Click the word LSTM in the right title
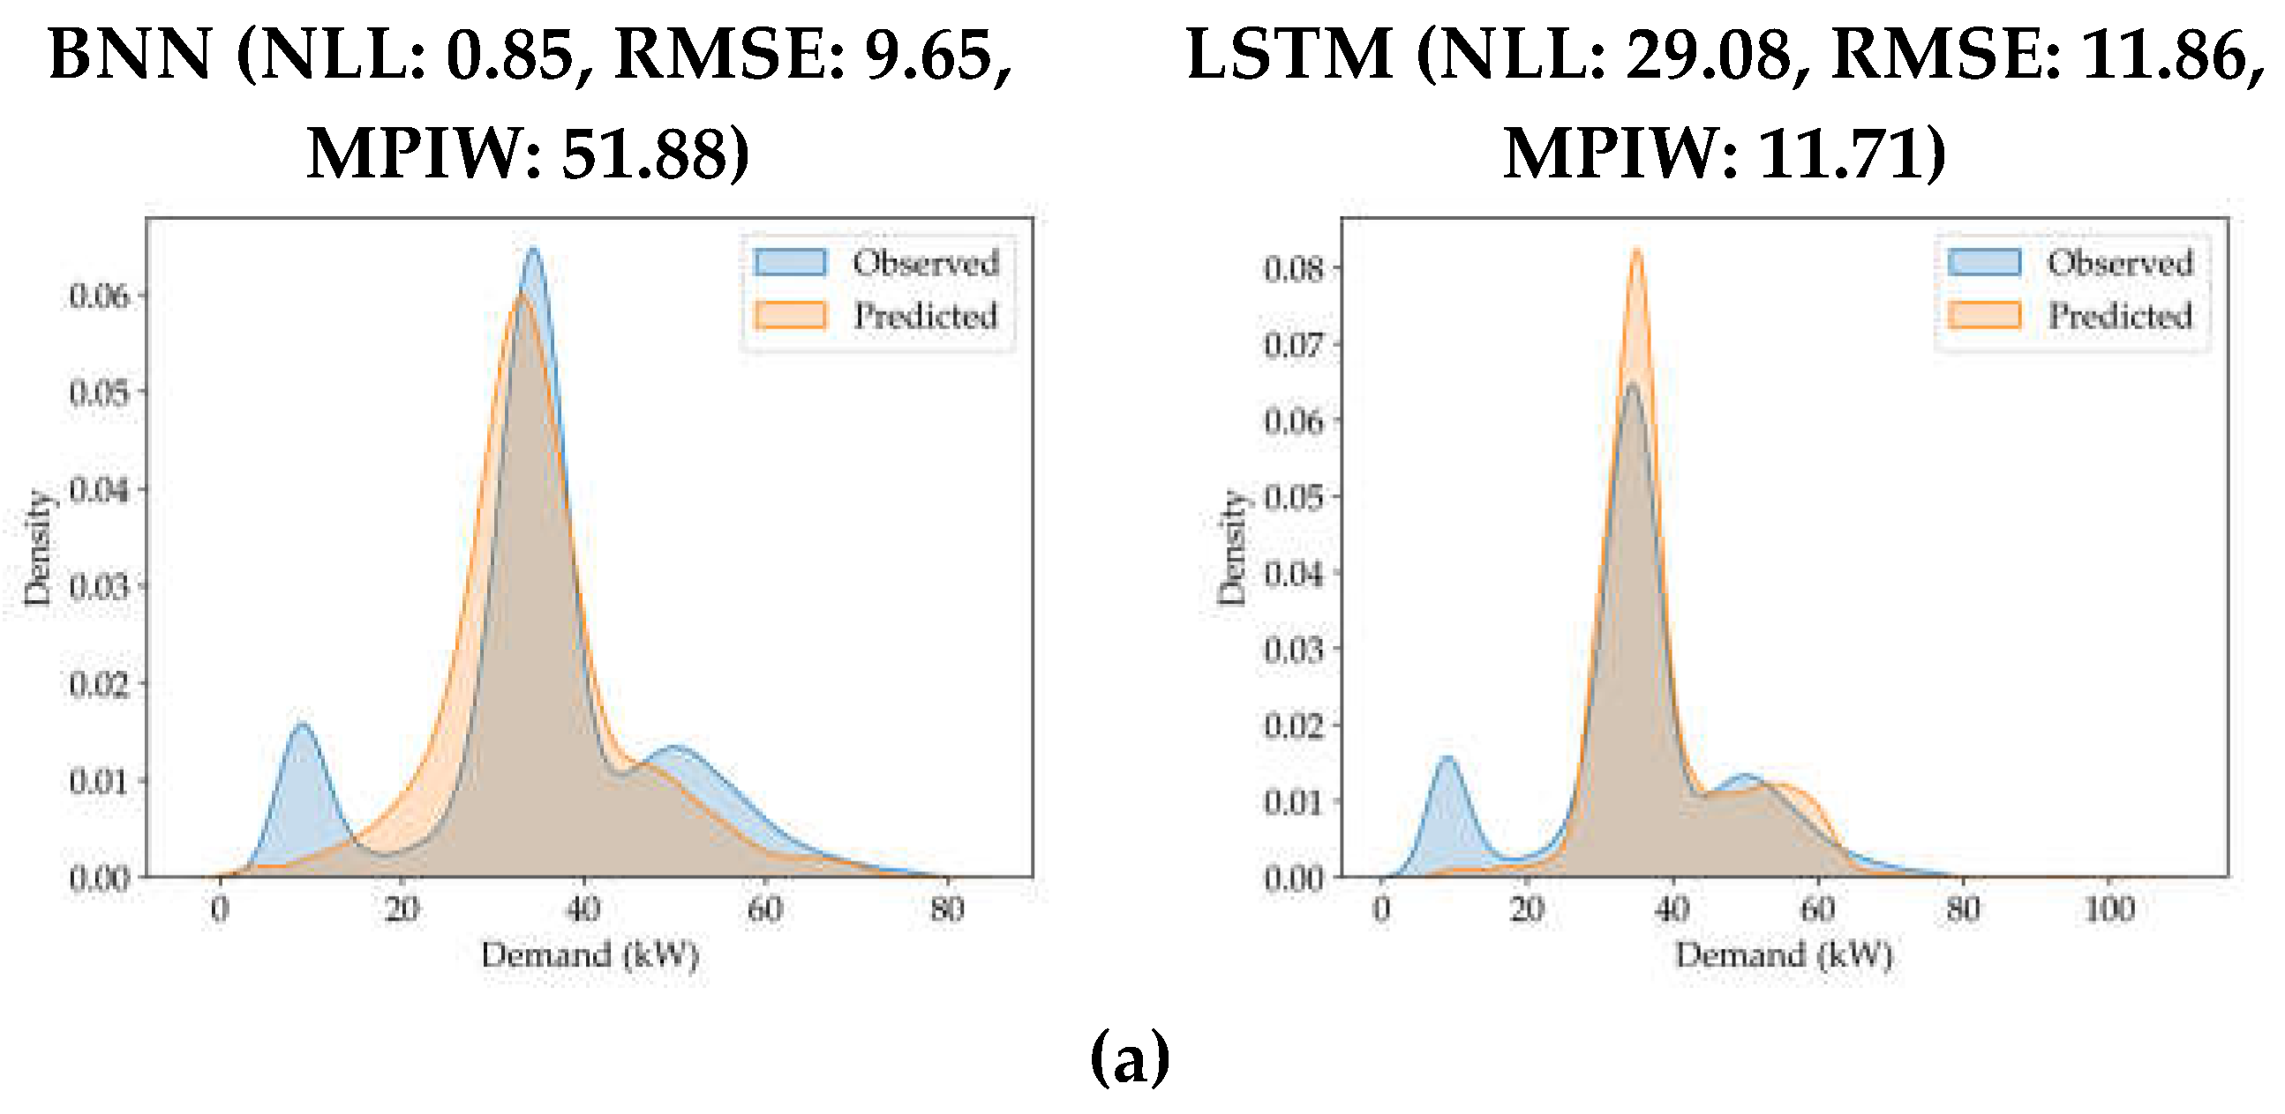tap(1289, 55)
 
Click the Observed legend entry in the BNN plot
tap(925, 262)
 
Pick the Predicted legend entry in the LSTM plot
tap(2119, 316)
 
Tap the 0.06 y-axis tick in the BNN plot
tap(100, 297)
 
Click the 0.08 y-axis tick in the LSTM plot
tap(1294, 267)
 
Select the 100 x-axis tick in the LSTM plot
tap(2109, 909)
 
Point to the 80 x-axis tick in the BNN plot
tap(947, 909)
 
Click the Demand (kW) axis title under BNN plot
tap(590, 955)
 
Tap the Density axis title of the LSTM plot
tap(1231, 548)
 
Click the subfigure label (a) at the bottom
tap(1129, 1058)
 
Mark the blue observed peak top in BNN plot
tap(533, 250)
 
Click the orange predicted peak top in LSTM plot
tap(1636, 251)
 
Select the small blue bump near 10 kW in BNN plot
tap(303, 726)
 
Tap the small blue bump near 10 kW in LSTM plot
tap(1447, 758)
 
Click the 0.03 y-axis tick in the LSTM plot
tap(1294, 649)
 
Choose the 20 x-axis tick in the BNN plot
tap(402, 909)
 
